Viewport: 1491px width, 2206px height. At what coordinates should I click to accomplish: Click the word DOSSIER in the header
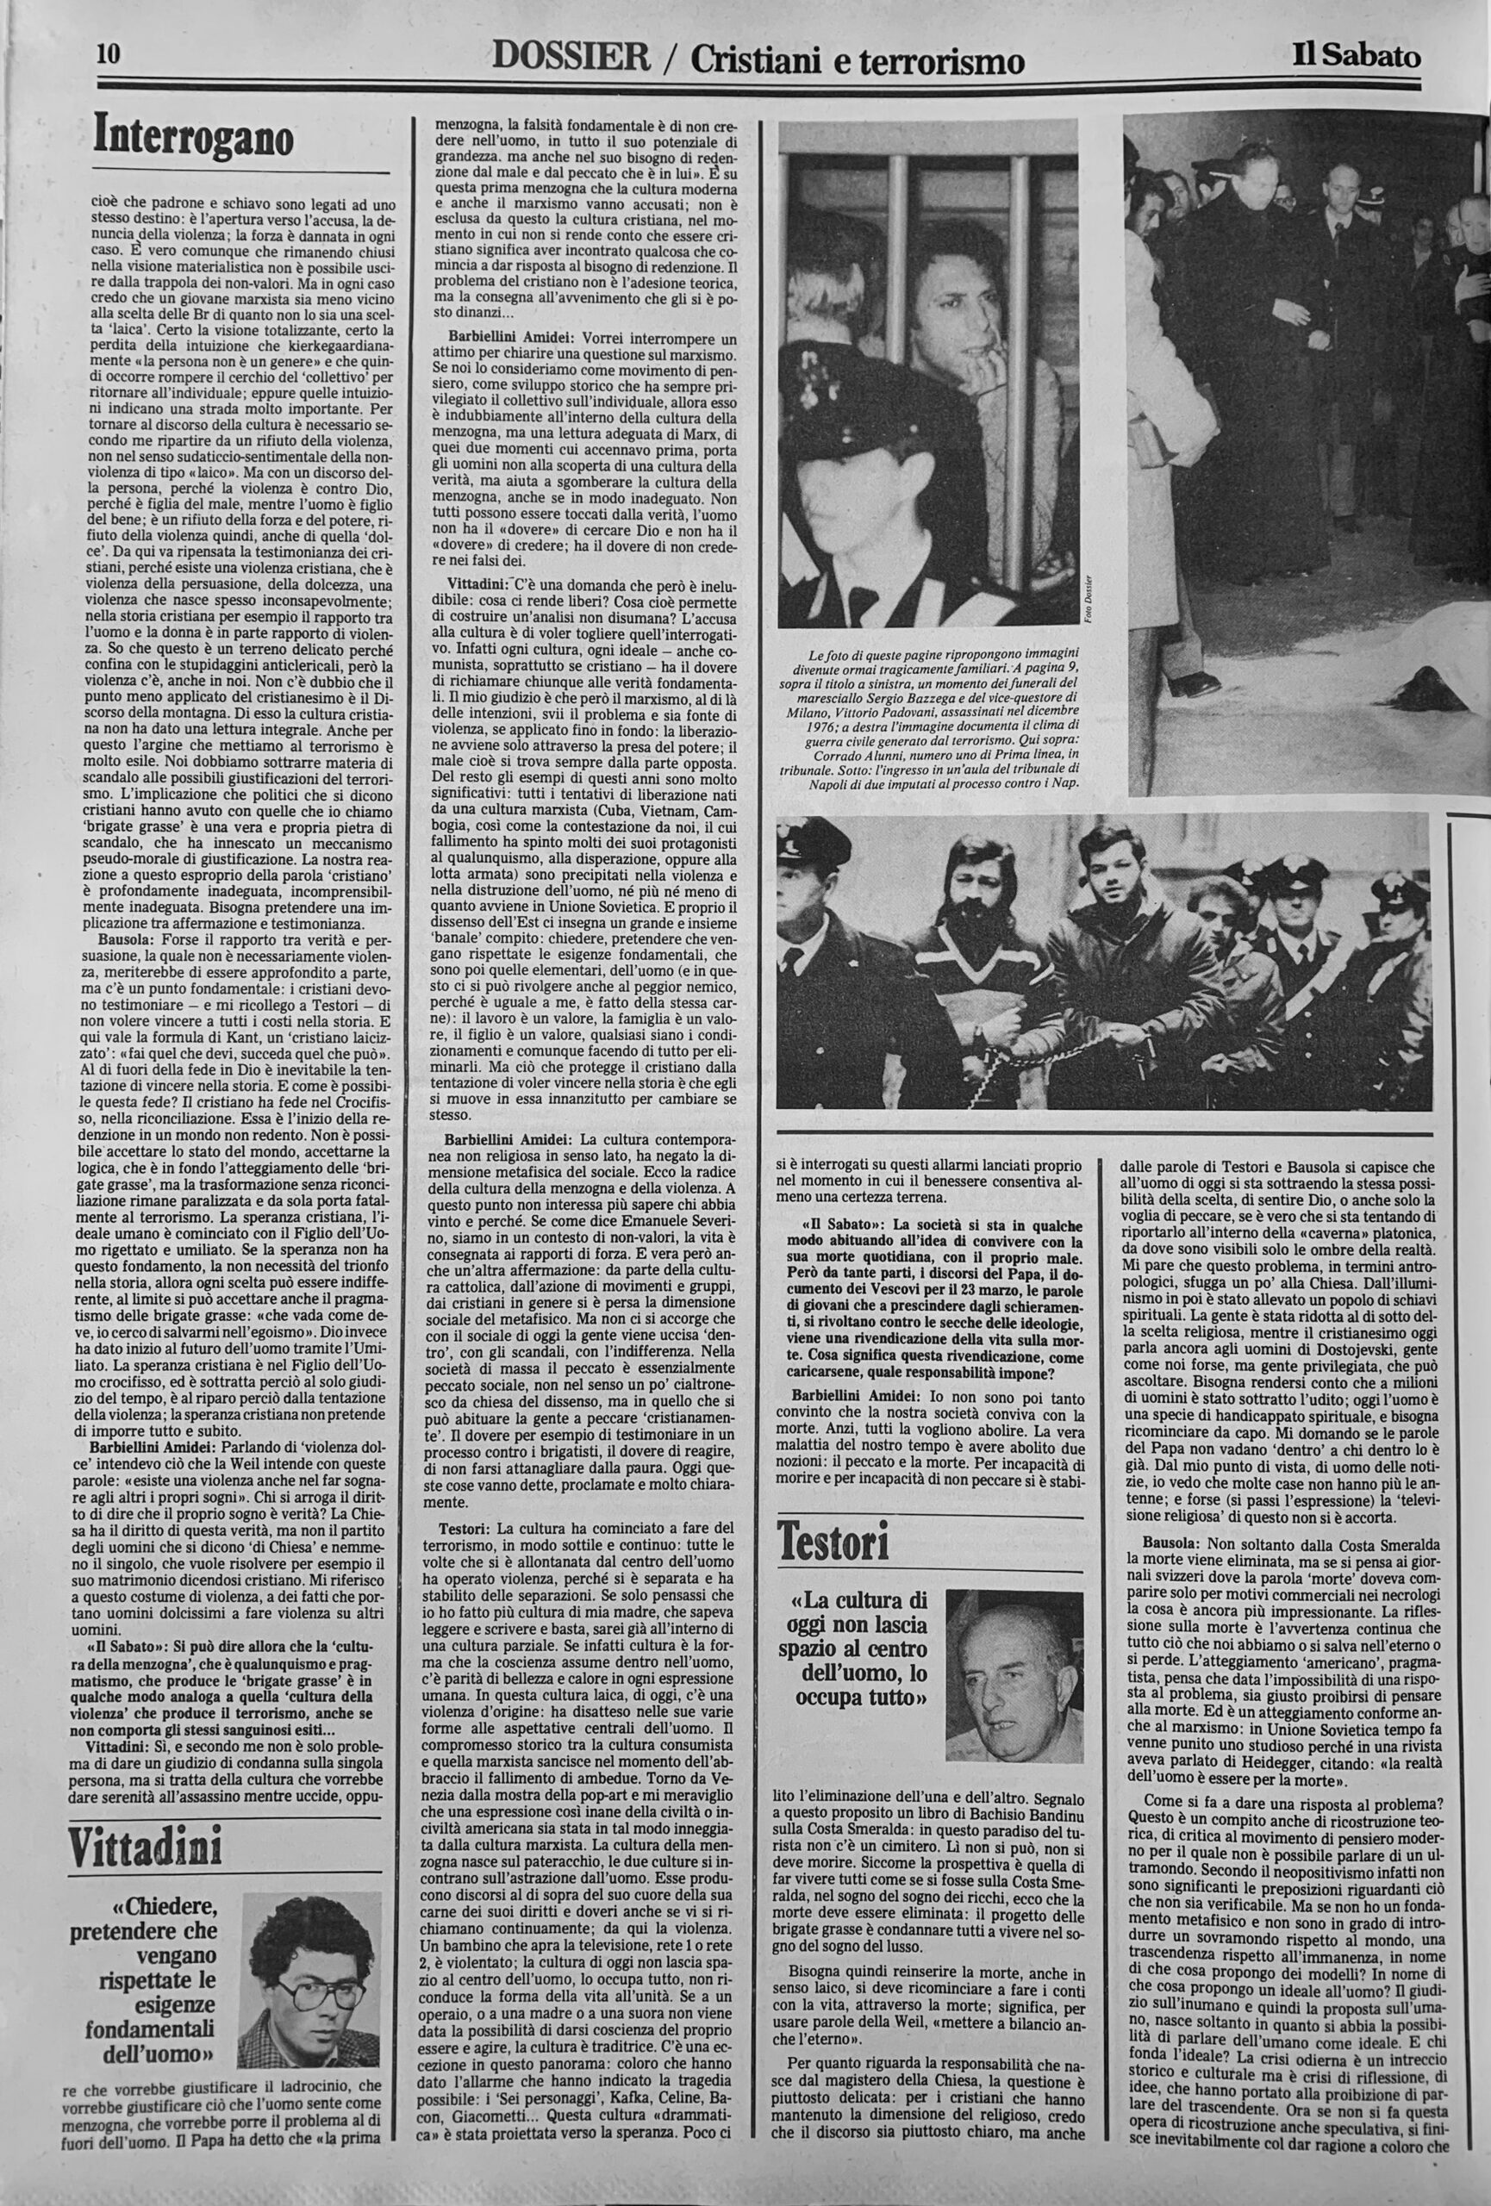tap(571, 59)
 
